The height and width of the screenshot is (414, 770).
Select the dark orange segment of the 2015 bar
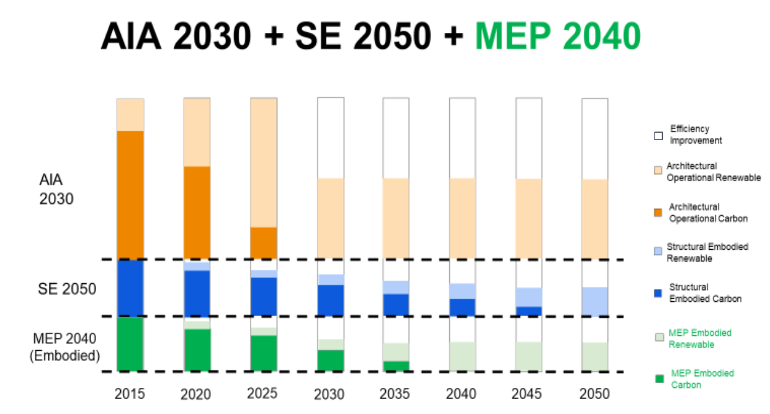coord(130,195)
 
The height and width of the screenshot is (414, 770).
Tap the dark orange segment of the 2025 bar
coord(264,243)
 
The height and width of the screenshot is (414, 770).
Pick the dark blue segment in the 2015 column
coord(130,288)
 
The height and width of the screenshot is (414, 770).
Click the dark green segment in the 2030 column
coord(331,361)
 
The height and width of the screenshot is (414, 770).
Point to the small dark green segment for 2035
coord(396,366)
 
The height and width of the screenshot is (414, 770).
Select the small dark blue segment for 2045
coord(529,311)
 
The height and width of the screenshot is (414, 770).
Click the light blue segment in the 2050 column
coord(595,302)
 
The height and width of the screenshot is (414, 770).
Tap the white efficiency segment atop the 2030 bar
coord(331,138)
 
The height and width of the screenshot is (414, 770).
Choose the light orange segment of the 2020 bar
coord(197,132)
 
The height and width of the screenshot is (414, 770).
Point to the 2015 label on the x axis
coord(130,394)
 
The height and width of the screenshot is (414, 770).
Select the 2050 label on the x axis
coord(594,394)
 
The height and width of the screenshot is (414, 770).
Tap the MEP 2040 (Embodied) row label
coord(65,347)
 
